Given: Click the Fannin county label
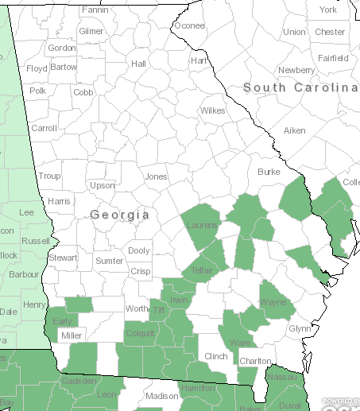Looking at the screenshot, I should click(x=95, y=10).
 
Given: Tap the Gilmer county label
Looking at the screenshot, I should click(x=91, y=31).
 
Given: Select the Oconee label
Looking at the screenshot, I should click(x=189, y=25).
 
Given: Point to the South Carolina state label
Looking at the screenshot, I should click(x=300, y=87).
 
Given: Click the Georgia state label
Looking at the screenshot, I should click(x=119, y=215).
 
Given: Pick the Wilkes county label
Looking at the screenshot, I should click(x=213, y=111).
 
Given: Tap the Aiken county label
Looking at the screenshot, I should click(x=294, y=130).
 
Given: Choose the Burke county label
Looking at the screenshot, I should click(x=269, y=172).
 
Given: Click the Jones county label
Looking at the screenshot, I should click(x=157, y=176).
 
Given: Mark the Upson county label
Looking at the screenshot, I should click(x=103, y=185).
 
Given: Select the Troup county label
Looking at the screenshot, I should click(x=49, y=176).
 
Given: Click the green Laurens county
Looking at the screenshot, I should click(x=201, y=227).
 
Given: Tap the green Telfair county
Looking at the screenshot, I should click(x=204, y=269).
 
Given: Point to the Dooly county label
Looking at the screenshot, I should click(x=139, y=250).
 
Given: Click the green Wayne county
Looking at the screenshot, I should click(x=273, y=303).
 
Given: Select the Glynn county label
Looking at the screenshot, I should click(x=300, y=328).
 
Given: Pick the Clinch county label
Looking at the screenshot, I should click(x=216, y=356).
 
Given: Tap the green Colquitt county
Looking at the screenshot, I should click(x=140, y=334).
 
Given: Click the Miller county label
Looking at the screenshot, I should click(x=72, y=335).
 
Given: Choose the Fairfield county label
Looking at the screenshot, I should click(x=334, y=58).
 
